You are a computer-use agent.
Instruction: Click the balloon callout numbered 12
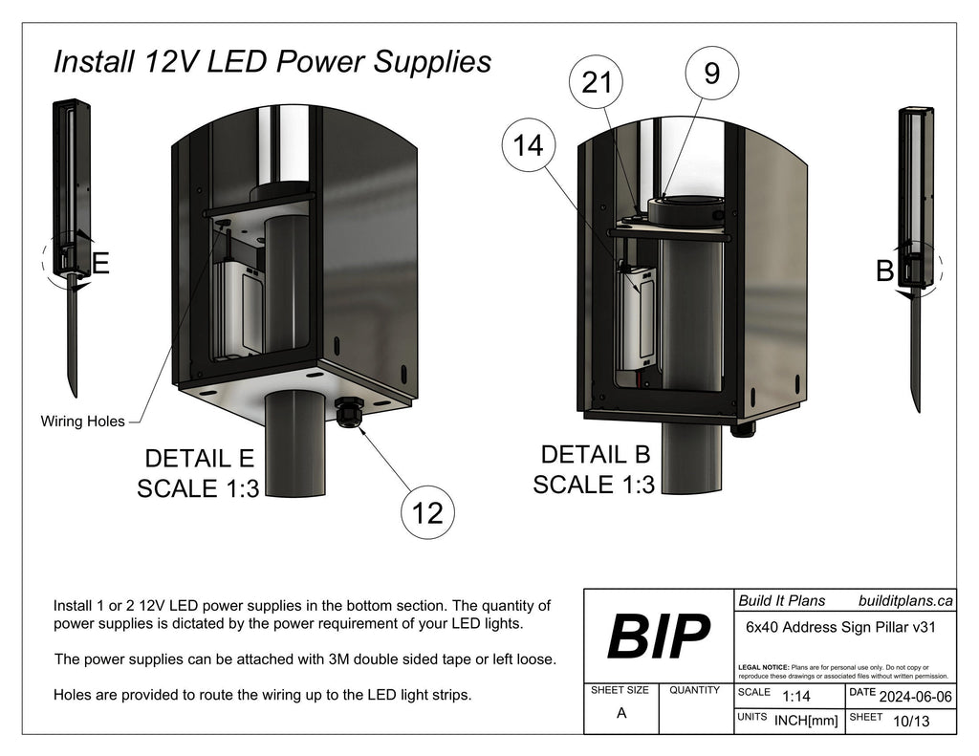(427, 513)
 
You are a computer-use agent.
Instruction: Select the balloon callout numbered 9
(711, 73)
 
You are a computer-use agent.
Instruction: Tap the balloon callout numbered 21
(597, 83)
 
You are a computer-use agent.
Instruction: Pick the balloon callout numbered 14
(528, 145)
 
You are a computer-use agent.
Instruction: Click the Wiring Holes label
(82, 421)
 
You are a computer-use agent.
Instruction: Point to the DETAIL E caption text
(198, 458)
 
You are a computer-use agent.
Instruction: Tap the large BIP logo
(659, 636)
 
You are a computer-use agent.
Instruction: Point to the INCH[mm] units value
(805, 720)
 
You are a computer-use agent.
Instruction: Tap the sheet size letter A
(621, 713)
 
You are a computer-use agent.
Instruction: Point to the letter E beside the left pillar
(100, 263)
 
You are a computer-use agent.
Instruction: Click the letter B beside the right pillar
(884, 272)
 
